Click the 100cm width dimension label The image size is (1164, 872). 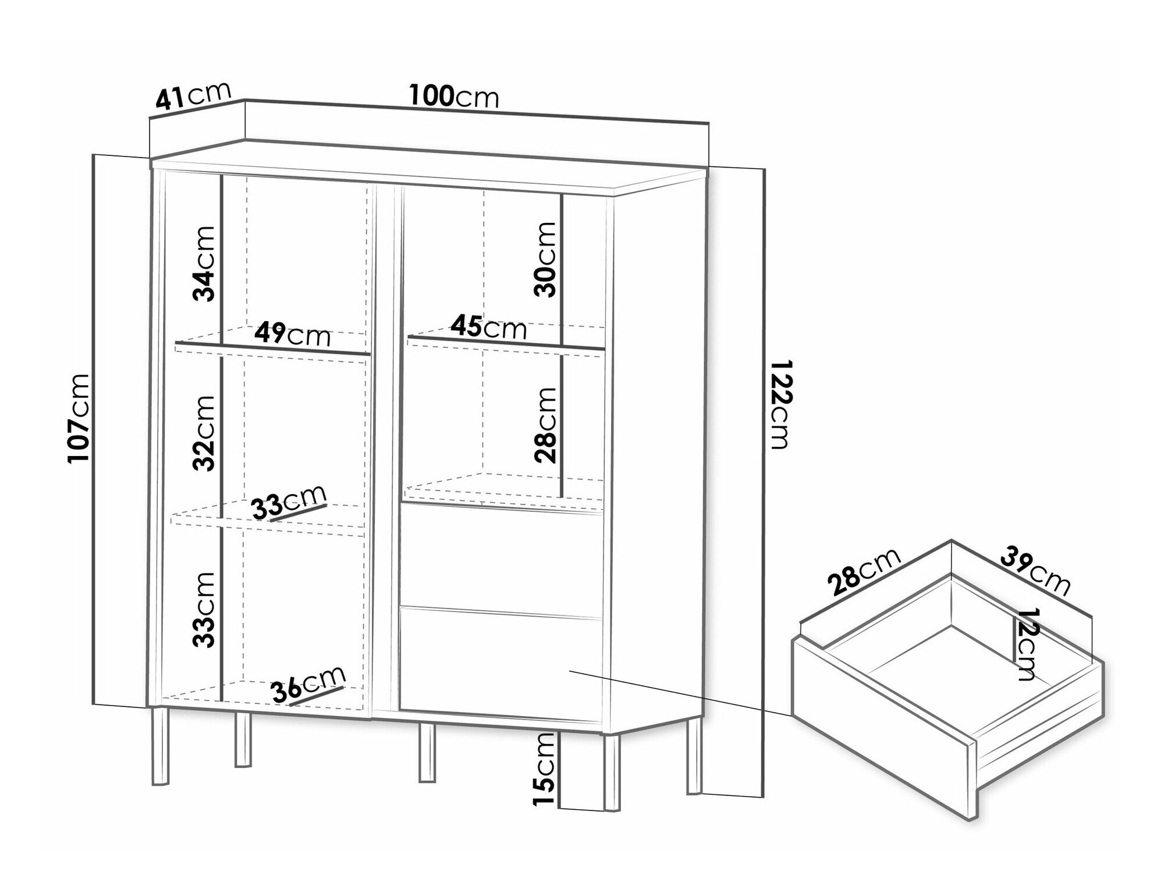(x=454, y=97)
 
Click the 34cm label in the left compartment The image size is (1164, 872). (x=204, y=264)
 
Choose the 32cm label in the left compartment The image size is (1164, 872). (x=204, y=433)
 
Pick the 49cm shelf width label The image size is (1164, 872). (x=292, y=335)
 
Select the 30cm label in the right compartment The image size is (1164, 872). (x=545, y=259)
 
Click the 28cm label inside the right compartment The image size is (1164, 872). (x=545, y=425)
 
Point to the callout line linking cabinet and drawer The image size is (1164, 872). (x=681, y=693)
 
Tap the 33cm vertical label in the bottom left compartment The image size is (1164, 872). (x=204, y=610)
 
